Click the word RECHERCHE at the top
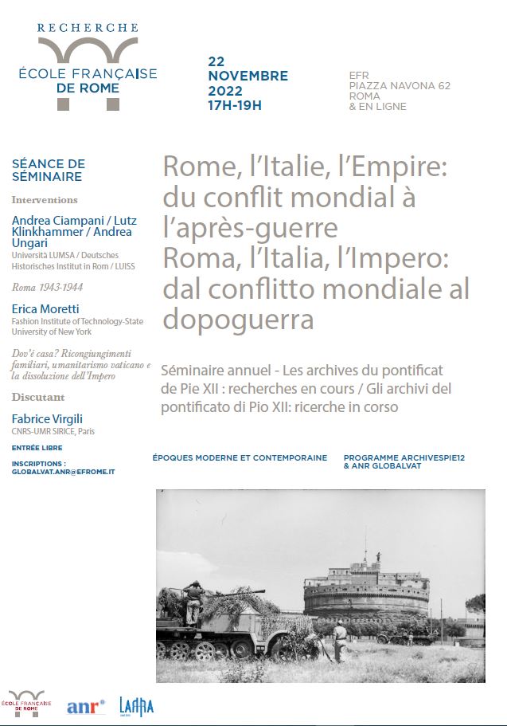point(88,28)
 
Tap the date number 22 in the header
point(216,61)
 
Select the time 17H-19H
point(234,104)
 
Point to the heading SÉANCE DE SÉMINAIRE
point(48,170)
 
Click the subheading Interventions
point(45,200)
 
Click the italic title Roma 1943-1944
point(48,286)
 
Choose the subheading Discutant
point(38,397)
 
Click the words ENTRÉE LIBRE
point(37,448)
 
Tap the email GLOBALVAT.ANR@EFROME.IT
point(64,472)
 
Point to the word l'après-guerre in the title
point(250,227)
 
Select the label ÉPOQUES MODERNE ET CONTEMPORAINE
point(240,458)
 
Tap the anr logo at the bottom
point(85,706)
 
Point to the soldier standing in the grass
point(339,641)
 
